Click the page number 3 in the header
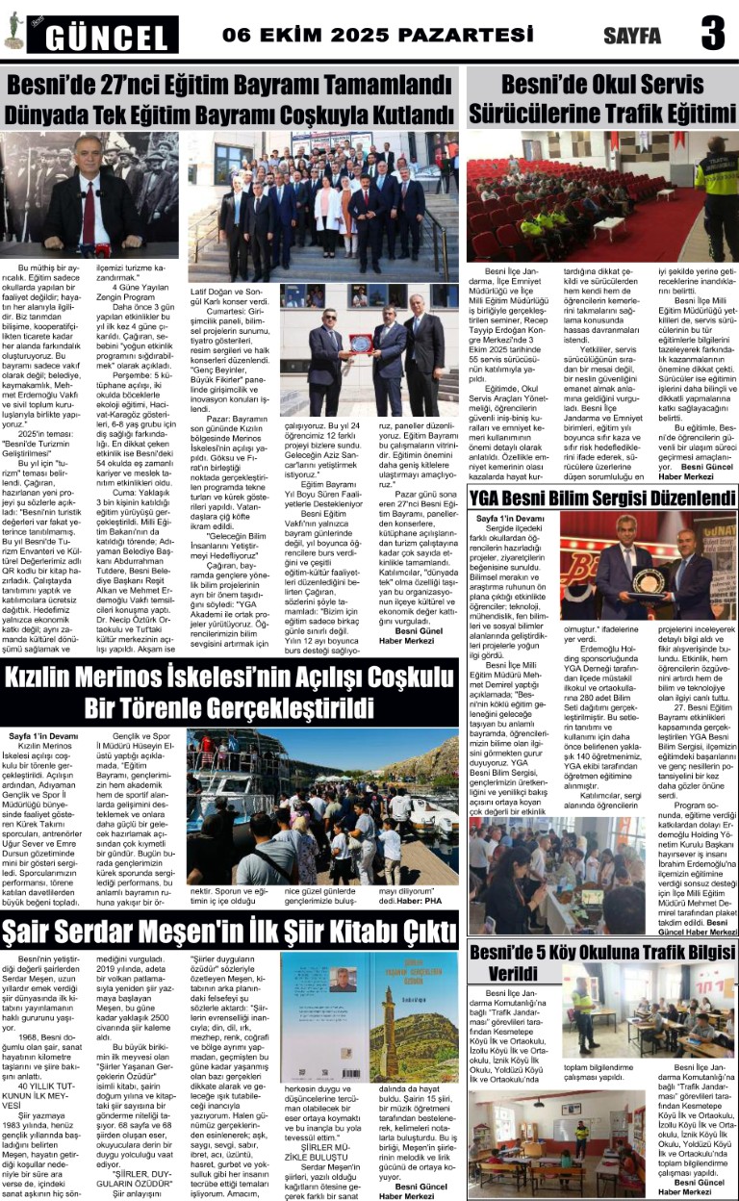712,35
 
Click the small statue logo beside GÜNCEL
13,32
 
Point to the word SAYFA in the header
632,37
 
